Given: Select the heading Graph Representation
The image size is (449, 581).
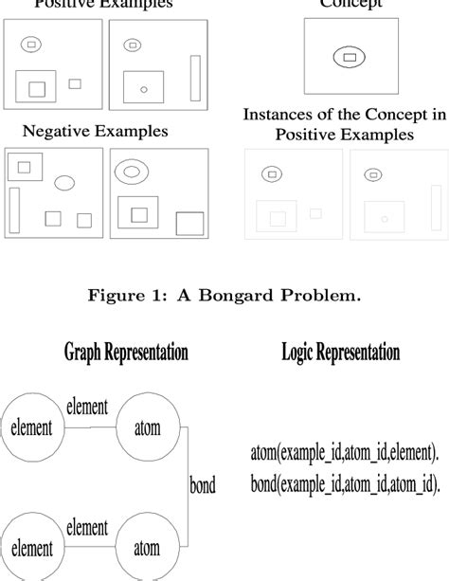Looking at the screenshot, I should click(x=126, y=354).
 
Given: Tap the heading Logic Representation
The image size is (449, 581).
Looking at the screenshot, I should click(x=340, y=354).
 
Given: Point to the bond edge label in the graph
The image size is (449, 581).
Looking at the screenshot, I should click(x=202, y=486).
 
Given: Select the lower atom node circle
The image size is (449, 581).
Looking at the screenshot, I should click(x=146, y=548).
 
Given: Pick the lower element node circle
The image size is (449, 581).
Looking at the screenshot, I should click(x=31, y=548).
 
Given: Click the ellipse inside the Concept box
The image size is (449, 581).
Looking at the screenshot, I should click(x=350, y=58).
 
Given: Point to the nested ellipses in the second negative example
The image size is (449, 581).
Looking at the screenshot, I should click(x=130, y=172).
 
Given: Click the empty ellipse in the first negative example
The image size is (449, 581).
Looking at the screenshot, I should click(x=64, y=182).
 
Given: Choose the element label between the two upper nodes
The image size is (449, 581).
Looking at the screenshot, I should click(x=86, y=407).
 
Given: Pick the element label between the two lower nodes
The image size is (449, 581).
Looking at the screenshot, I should click(x=86, y=526).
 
